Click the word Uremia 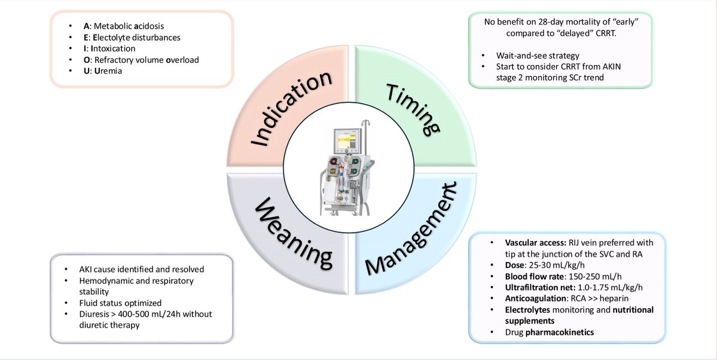(x=102, y=71)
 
